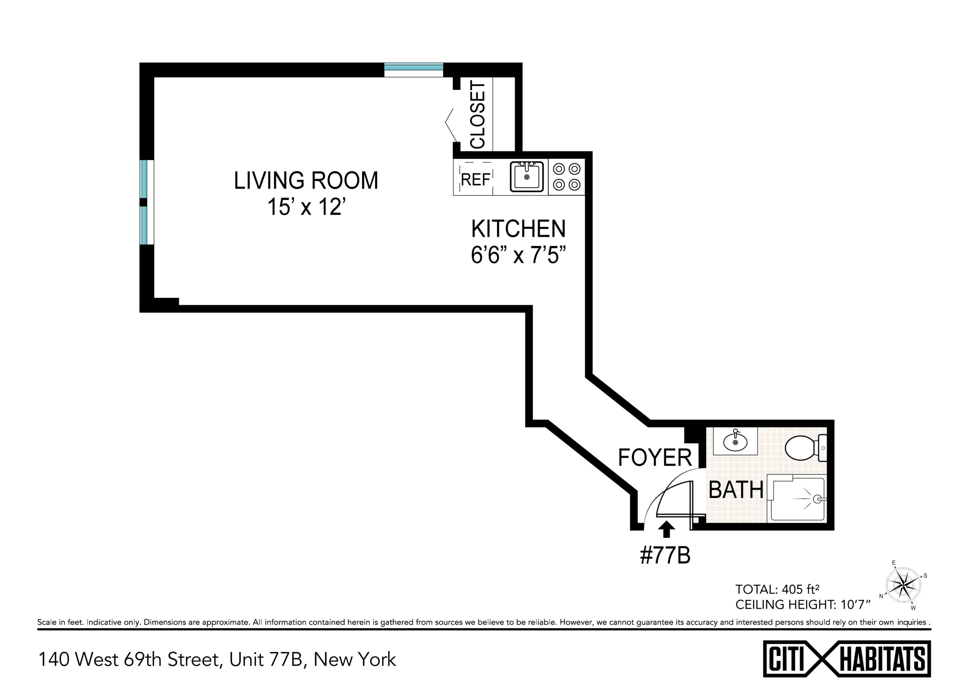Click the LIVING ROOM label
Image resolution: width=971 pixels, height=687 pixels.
point(306,181)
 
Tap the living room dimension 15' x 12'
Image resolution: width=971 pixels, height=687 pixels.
point(306,207)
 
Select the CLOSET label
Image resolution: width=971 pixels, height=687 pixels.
point(477,115)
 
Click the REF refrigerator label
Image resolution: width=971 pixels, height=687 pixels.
point(475,180)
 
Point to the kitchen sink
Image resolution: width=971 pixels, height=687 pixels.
point(526,176)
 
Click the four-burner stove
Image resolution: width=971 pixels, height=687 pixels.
point(567,177)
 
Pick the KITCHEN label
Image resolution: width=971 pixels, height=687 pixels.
point(518,229)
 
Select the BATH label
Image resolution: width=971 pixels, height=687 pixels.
point(736,490)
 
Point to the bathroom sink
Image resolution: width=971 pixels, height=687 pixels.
point(735,442)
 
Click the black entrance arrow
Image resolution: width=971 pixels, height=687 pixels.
point(666,529)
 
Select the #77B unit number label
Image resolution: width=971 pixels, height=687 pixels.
point(665,555)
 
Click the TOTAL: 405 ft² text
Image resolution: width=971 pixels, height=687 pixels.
point(777,589)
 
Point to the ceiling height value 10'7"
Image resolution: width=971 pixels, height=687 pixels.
point(855,605)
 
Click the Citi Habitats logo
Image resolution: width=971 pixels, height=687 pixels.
point(847,659)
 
